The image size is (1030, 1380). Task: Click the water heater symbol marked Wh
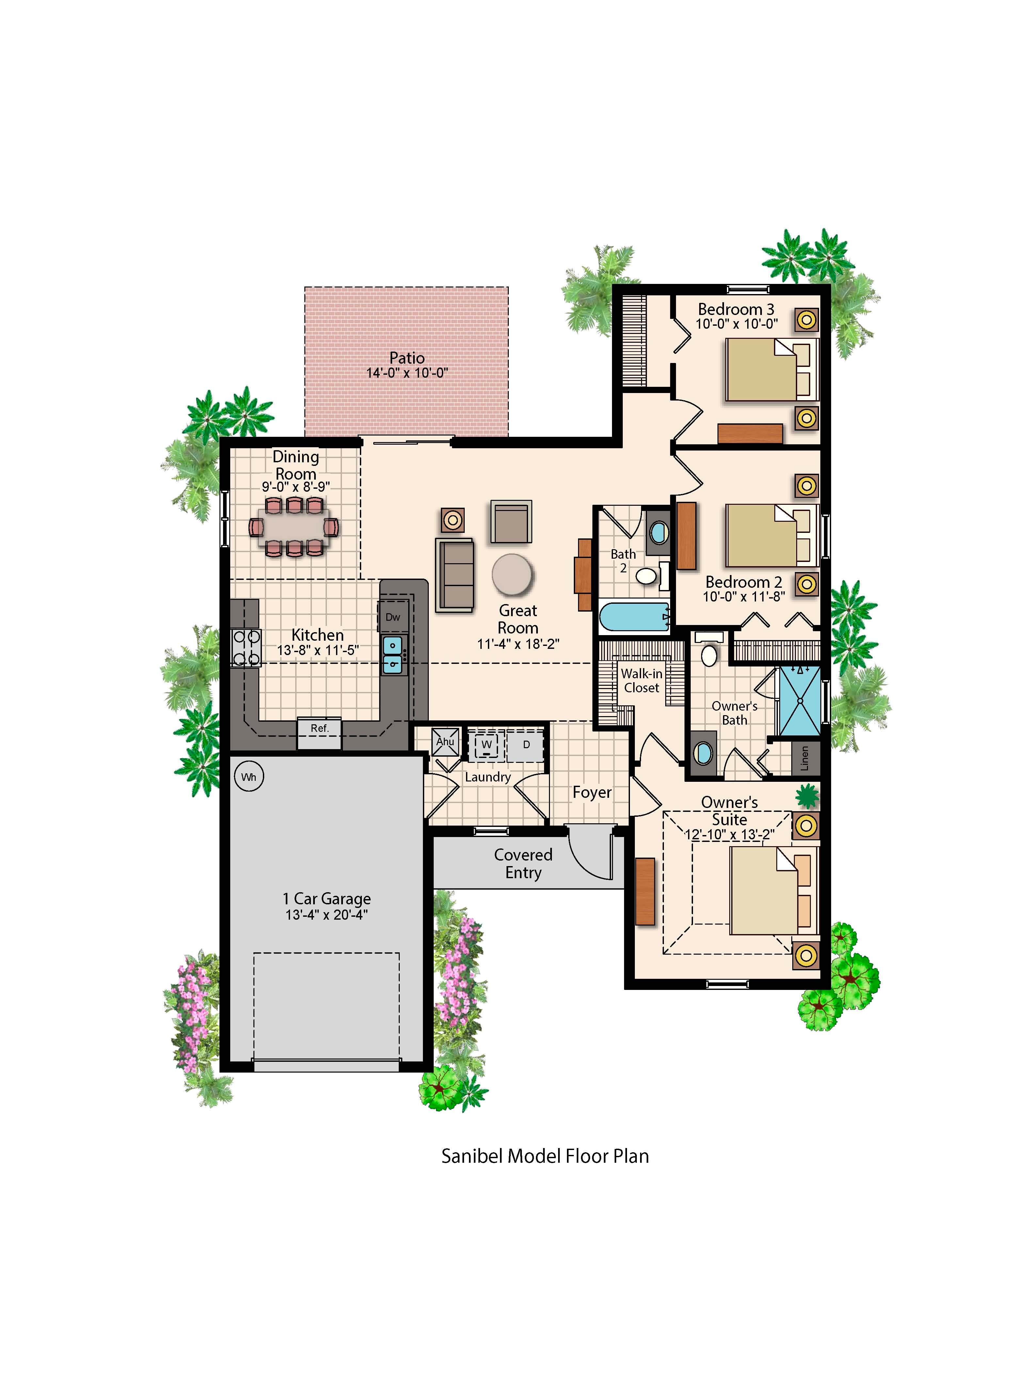pyautogui.click(x=249, y=777)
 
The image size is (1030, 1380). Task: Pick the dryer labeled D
pyautogui.click(x=525, y=745)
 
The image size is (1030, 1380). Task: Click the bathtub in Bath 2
pyautogui.click(x=635, y=617)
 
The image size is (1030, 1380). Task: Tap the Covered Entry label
pyautogui.click(x=523, y=864)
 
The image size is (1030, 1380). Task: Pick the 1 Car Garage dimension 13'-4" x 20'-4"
pyautogui.click(x=327, y=915)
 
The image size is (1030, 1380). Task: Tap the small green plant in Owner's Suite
pyautogui.click(x=807, y=795)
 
